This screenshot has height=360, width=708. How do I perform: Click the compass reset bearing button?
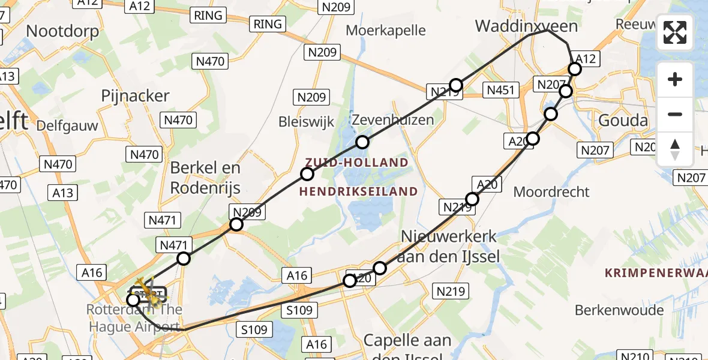tap(675, 149)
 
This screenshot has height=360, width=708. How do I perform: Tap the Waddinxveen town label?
tap(526, 26)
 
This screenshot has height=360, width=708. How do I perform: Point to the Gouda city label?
tap(623, 121)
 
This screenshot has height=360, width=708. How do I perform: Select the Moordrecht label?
tap(551, 192)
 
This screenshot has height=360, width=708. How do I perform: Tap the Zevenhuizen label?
tap(392, 119)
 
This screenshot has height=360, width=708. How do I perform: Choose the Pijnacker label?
tap(136, 96)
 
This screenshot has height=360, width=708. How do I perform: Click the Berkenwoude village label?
tap(619, 310)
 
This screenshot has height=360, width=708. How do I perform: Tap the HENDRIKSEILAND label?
tap(359, 191)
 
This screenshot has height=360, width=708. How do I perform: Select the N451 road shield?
tap(499, 91)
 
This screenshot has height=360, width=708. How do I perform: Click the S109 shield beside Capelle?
tap(256, 329)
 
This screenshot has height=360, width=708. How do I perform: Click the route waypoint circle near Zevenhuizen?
tap(362, 142)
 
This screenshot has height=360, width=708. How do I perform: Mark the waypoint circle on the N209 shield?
tap(236, 224)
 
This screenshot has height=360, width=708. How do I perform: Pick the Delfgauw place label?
tap(67, 126)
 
